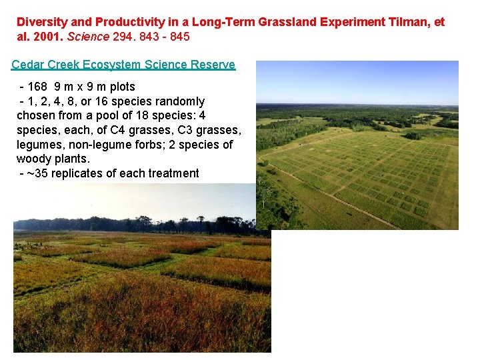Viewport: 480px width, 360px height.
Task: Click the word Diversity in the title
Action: pyautogui.click(x=40, y=22)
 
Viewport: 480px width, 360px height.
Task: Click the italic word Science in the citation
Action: pyautogui.click(x=89, y=37)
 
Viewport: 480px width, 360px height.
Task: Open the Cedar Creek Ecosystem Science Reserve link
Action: pyautogui.click(x=123, y=65)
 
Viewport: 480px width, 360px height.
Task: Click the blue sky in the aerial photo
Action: pyautogui.click(x=357, y=80)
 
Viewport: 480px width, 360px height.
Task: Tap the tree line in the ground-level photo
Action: pyautogui.click(x=133, y=224)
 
